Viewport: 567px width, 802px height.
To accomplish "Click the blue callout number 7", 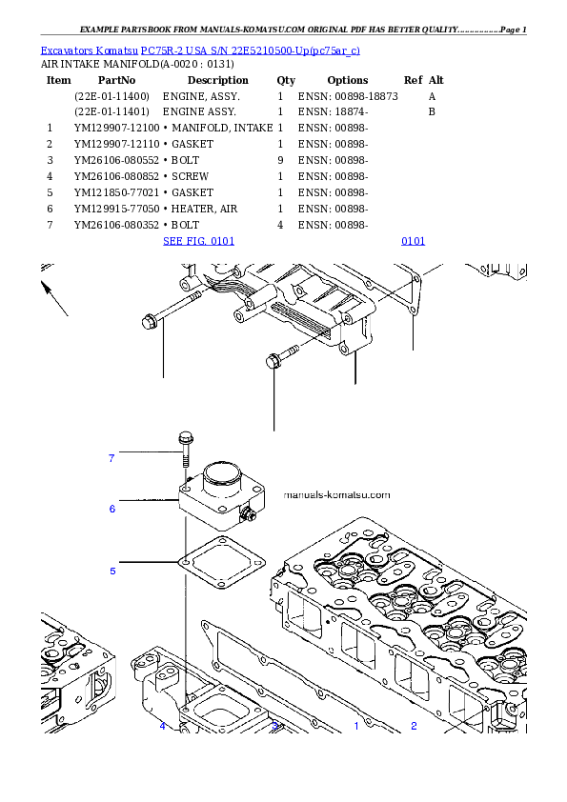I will pyautogui.click(x=111, y=458).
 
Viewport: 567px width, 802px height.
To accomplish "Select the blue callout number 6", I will pyautogui.click(x=111, y=509).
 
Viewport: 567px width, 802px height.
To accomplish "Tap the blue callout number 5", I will pyautogui.click(x=112, y=571).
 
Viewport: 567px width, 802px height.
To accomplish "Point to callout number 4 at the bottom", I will pyautogui.click(x=162, y=726).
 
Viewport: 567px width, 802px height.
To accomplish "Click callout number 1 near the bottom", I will pyautogui.click(x=356, y=726).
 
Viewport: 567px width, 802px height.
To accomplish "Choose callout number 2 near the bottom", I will pyautogui.click(x=414, y=726).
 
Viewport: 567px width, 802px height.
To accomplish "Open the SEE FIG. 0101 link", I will pyautogui.click(x=199, y=241).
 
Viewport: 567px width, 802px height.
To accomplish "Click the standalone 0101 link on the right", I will pyautogui.click(x=413, y=241).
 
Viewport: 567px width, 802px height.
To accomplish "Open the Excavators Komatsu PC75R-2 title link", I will pyautogui.click(x=200, y=50).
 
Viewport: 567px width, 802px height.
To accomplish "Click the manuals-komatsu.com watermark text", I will pyautogui.click(x=337, y=495).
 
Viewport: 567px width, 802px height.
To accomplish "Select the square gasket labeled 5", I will pyautogui.click(x=219, y=566).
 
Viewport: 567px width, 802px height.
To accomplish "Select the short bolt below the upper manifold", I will pyautogui.click(x=281, y=357).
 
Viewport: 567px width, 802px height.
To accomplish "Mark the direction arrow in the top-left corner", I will pyautogui.click(x=55, y=298).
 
